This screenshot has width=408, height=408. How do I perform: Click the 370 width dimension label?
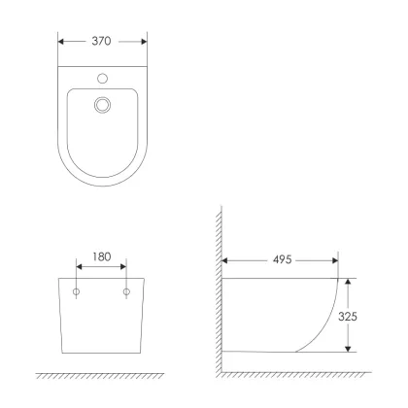coord(101,41)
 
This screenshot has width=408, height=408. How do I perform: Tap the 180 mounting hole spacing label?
coord(102,256)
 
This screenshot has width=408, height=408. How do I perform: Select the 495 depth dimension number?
coord(283,259)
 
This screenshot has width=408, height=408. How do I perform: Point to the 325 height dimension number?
coord(348,317)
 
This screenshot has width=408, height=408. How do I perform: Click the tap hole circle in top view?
coord(103,79)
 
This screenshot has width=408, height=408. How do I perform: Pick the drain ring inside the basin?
coord(103,105)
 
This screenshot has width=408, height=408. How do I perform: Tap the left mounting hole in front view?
coord(76,292)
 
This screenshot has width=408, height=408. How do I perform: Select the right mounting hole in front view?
coord(126,292)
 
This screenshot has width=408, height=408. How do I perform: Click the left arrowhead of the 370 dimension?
coord(61,42)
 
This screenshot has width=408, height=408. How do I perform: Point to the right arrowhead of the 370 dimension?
coord(144,42)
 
